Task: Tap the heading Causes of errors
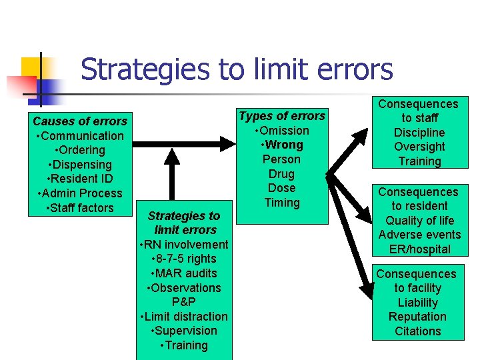pos(80,121)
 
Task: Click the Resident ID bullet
pos(80,179)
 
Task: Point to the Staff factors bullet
pos(80,208)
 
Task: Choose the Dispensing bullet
pos(80,165)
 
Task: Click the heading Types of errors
pos(282,116)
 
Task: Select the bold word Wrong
pos(284,145)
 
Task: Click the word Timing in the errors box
pos(282,203)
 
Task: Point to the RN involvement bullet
pos(184,245)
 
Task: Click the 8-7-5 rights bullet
pos(184,259)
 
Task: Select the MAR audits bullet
pos(184,273)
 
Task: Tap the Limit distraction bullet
pos(184,317)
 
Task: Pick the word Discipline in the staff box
pos(419,133)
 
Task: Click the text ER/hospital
pos(419,249)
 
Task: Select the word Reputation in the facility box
pos(417,317)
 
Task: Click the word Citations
pos(417,331)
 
